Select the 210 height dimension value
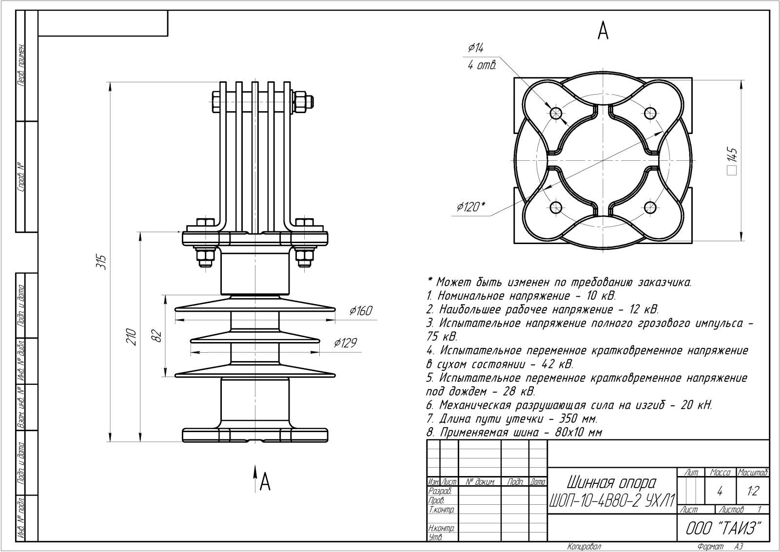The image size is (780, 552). pyautogui.click(x=131, y=337)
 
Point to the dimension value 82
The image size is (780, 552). pyautogui.click(x=156, y=336)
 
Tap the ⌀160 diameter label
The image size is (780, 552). pyautogui.click(x=360, y=311)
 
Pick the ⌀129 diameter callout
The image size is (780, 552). pyautogui.click(x=345, y=343)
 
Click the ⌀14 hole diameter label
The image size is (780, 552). pyautogui.click(x=476, y=48)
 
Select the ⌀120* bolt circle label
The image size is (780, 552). pyautogui.click(x=470, y=207)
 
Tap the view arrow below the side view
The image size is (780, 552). pyautogui.click(x=255, y=475)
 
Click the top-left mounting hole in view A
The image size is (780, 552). pyautogui.click(x=556, y=114)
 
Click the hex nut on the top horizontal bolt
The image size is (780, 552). pyautogui.click(x=301, y=102)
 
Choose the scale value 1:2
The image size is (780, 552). pyautogui.click(x=753, y=491)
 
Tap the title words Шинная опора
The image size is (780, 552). pyautogui.click(x=611, y=483)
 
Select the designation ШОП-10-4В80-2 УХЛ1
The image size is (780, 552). pyautogui.click(x=612, y=500)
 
